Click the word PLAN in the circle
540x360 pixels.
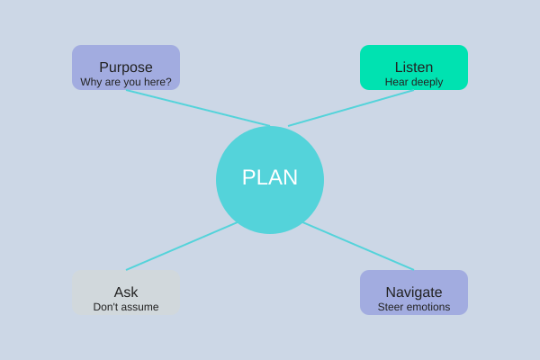click(x=270, y=177)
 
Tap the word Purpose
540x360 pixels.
click(x=126, y=67)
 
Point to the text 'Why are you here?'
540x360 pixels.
click(x=126, y=82)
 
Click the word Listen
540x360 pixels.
click(x=414, y=67)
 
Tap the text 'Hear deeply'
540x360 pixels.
click(x=414, y=82)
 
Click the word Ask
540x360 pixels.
click(x=126, y=292)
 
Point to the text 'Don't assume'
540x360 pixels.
click(x=126, y=307)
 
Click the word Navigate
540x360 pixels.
click(x=414, y=292)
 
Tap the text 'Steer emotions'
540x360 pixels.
click(x=414, y=307)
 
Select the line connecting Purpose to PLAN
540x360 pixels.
click(x=198, y=108)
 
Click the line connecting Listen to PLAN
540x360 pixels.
click(x=351, y=108)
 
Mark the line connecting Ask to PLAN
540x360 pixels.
click(x=180, y=247)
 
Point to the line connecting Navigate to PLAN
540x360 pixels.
click(x=360, y=247)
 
